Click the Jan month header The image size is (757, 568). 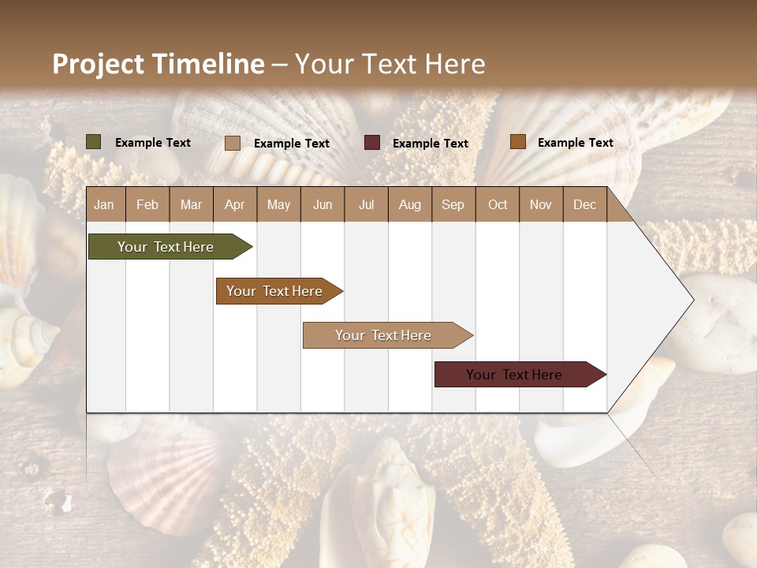[105, 204]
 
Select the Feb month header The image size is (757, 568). [147, 204]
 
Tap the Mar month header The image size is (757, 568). [191, 204]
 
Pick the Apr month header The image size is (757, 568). [235, 204]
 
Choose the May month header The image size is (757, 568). [278, 204]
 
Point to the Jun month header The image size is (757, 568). [323, 204]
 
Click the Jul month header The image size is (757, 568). [366, 204]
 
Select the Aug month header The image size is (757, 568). [410, 204]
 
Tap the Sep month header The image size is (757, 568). [453, 204]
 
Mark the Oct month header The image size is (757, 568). [498, 204]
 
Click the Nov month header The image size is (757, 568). [541, 204]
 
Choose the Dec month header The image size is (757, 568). [585, 204]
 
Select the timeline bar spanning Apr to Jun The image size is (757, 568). [276, 291]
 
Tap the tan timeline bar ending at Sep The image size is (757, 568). [384, 335]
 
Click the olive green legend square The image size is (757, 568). [94, 142]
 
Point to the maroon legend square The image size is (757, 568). [372, 142]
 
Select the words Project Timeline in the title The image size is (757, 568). [158, 64]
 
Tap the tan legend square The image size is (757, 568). [233, 143]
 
